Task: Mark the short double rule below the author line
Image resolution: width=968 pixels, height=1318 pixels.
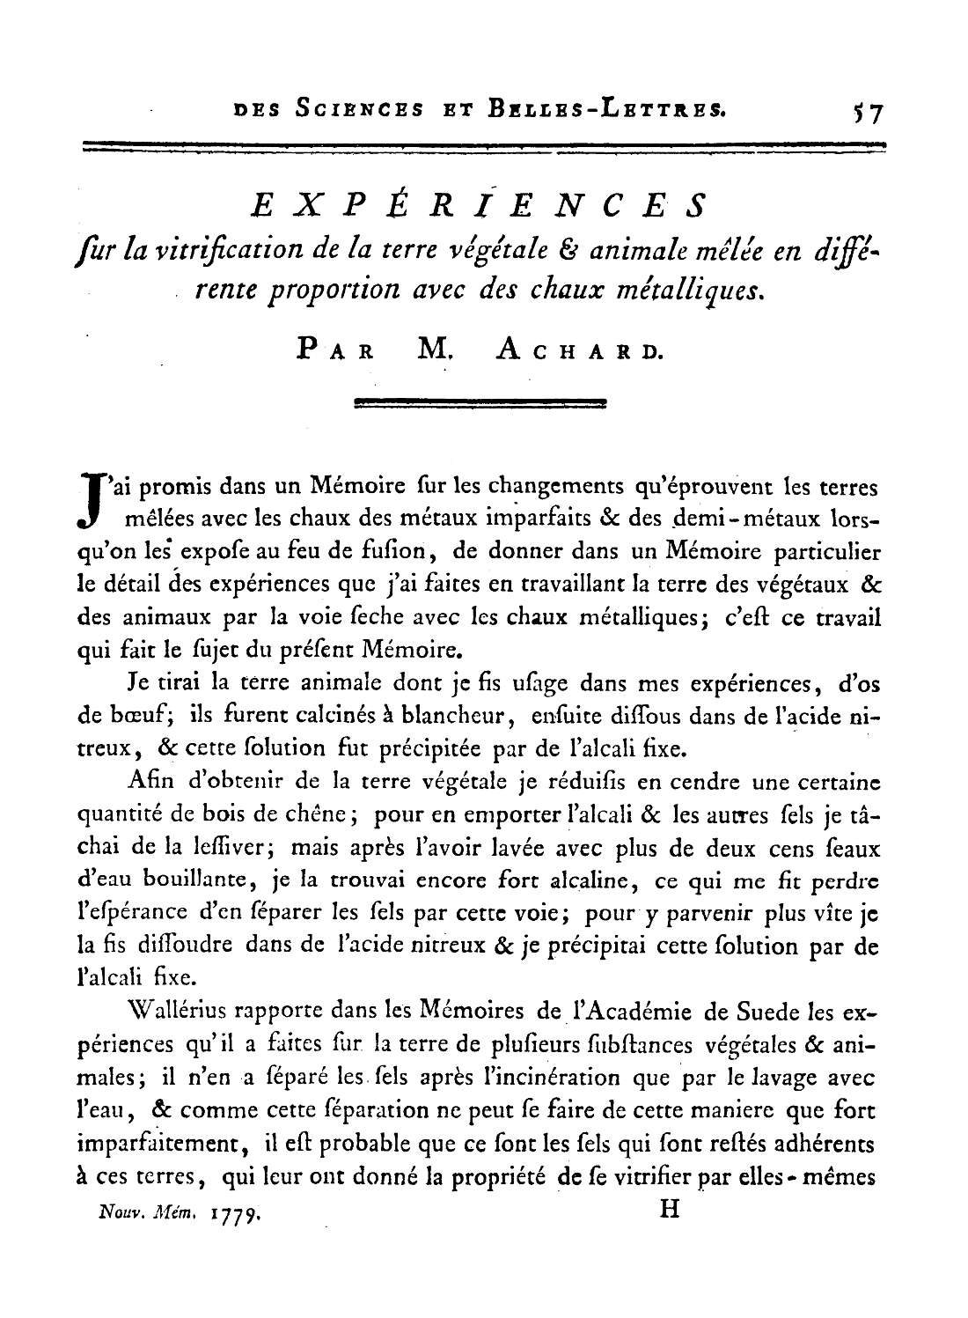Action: coord(480,404)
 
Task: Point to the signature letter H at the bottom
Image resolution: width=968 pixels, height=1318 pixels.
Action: coord(669,1210)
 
